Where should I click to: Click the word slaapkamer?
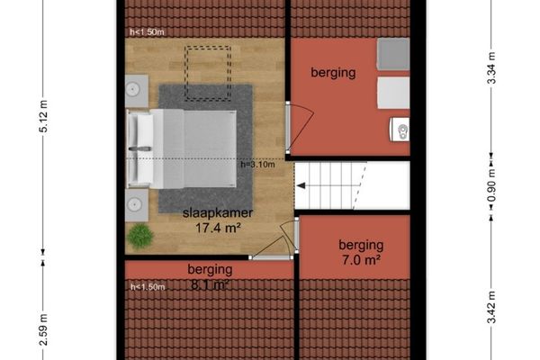point(217,214)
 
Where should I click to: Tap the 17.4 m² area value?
point(217,229)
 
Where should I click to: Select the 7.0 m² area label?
point(361,260)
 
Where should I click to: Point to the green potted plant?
point(139,237)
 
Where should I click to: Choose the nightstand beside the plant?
point(137,204)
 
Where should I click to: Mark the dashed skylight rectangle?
point(206,71)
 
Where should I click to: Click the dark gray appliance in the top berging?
point(392,54)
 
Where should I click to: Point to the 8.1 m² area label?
point(210,286)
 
